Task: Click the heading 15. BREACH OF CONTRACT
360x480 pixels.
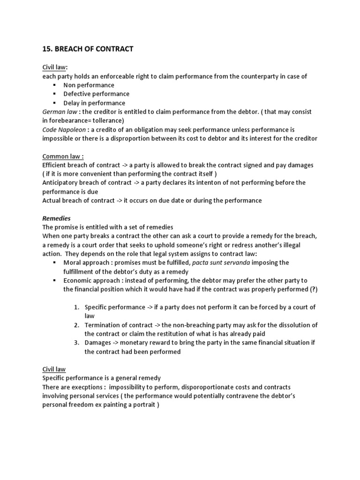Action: pyautogui.click(x=88, y=49)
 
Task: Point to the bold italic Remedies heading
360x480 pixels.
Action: pyautogui.click(x=56, y=218)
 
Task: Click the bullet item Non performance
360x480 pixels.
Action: pyautogui.click(x=89, y=85)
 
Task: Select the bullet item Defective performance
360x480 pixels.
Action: pyautogui.click(x=96, y=94)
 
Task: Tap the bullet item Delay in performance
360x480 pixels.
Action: pyautogui.click(x=94, y=103)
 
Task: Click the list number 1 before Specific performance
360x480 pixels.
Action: pyautogui.click(x=77, y=307)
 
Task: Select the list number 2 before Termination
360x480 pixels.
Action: pyautogui.click(x=77, y=325)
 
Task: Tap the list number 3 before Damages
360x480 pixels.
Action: pyautogui.click(x=77, y=343)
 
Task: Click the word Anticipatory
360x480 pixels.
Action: pyautogui.click(x=61, y=183)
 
